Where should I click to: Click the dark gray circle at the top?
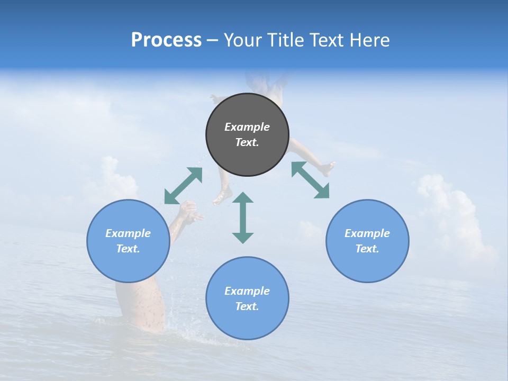coord(247,134)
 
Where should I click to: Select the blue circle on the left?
coord(128,241)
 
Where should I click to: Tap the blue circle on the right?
coord(367,241)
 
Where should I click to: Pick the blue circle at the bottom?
coord(247,298)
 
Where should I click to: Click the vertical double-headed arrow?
coord(243,217)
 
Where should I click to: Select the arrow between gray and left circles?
coord(183,186)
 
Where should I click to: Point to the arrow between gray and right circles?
coord(311,180)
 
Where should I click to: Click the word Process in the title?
coord(166,40)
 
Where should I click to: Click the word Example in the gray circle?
coord(247,127)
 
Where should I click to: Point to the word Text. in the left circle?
coord(128,249)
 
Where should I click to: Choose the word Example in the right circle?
coord(367,233)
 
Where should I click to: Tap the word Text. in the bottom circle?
coord(247,306)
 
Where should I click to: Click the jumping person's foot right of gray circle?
coord(328,169)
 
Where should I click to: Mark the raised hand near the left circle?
coord(189,212)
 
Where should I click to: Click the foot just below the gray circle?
coord(221,196)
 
